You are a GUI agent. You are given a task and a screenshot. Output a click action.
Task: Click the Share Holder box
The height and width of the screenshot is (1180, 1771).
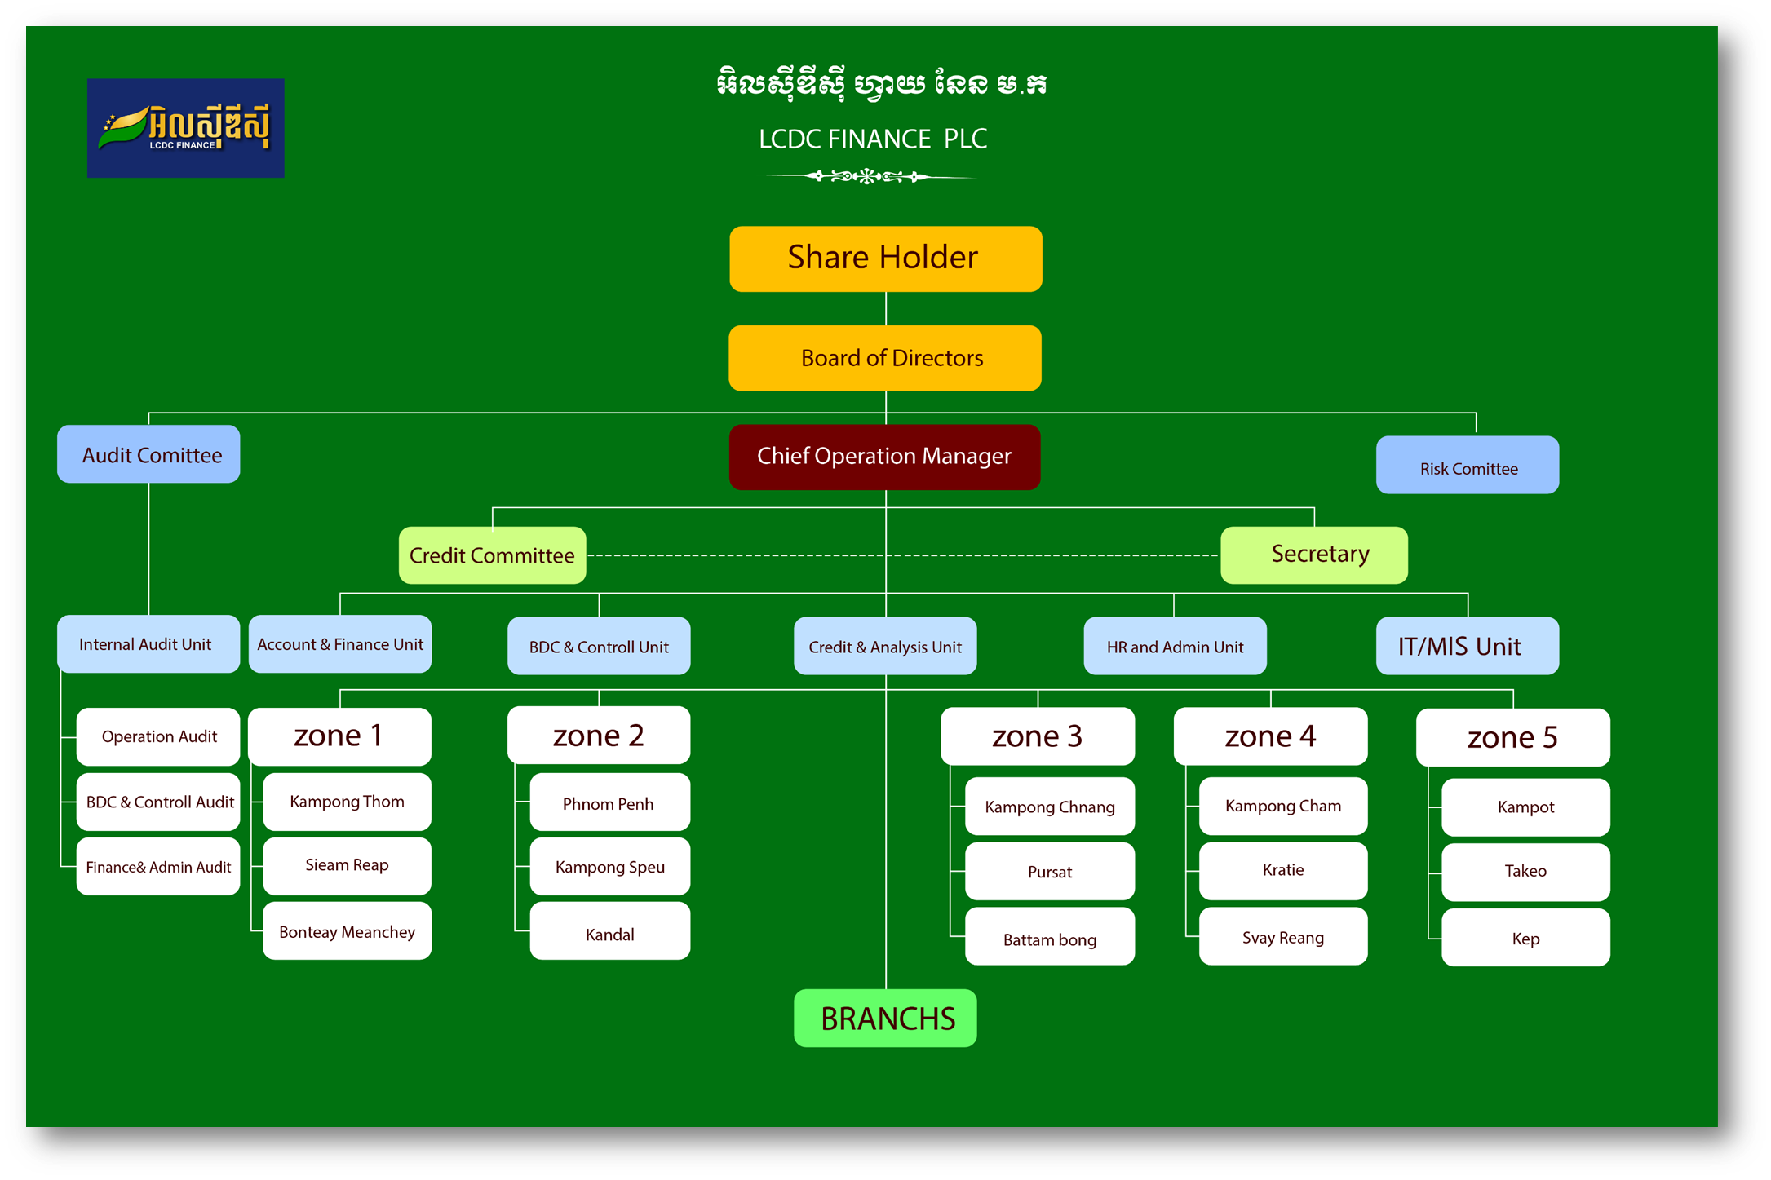[885, 259]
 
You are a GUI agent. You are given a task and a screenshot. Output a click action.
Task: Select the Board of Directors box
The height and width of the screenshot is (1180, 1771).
[885, 358]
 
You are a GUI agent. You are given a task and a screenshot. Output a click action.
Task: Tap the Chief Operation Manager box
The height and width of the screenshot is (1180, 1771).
[884, 457]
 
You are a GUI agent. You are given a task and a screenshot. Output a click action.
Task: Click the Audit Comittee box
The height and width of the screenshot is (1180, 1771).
[148, 454]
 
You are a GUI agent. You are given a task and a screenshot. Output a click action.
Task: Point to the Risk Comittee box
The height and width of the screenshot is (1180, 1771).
[1467, 466]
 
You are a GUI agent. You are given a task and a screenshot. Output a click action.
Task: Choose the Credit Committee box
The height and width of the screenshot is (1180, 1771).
[492, 555]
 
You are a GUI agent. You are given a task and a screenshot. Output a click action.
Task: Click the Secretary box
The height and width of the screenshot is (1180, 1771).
[1313, 555]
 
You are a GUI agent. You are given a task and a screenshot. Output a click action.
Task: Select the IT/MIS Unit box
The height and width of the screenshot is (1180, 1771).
[1467, 646]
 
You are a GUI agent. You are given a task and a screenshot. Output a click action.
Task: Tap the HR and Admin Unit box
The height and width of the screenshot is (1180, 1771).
[1175, 646]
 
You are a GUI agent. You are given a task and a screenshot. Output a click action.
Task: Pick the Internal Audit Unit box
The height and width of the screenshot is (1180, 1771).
[148, 644]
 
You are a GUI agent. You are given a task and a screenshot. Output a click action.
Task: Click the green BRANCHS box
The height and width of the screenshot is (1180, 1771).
[885, 1018]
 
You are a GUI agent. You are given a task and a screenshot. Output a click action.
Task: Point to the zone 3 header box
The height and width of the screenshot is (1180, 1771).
[1037, 736]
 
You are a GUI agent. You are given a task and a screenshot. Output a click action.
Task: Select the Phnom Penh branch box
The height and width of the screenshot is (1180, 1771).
[609, 802]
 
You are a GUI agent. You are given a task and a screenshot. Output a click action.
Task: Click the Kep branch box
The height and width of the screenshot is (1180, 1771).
[1525, 938]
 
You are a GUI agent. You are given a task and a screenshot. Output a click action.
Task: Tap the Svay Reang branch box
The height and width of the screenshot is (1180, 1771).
[1282, 937]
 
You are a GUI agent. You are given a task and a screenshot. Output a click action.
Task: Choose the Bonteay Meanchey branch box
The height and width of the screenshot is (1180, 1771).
[347, 931]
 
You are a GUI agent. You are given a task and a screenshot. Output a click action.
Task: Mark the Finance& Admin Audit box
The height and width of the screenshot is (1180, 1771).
[158, 867]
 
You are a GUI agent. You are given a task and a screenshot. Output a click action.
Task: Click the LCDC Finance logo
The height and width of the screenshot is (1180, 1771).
[186, 128]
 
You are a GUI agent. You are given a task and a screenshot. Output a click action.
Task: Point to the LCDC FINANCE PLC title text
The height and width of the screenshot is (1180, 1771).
[873, 139]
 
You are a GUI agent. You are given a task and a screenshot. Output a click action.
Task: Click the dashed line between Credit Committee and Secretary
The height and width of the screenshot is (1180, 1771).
[734, 555]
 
